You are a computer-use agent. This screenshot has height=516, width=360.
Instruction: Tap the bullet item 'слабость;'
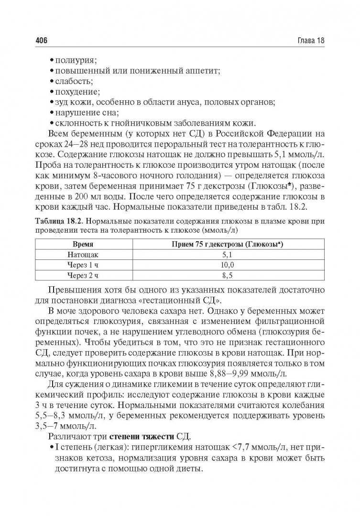click(x=74, y=81)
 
